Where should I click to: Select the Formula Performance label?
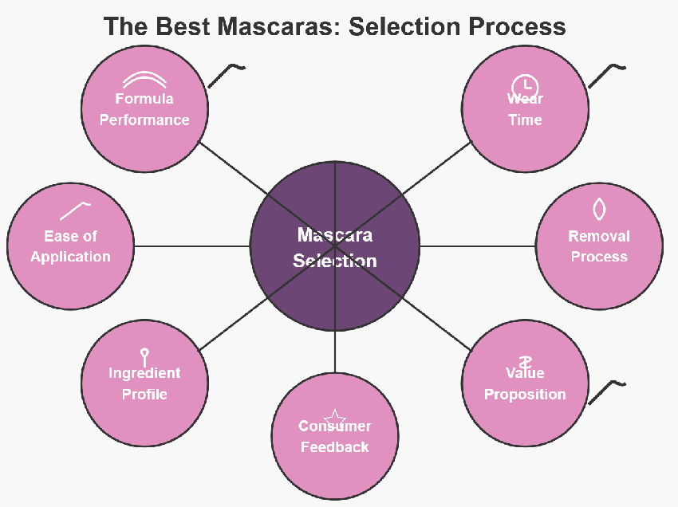[x=144, y=110]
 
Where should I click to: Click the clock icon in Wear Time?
[x=524, y=86]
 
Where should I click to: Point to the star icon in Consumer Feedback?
[x=334, y=418]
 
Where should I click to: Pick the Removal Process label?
[x=599, y=246]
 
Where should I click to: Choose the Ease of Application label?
[x=70, y=246]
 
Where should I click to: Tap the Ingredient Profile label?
[x=144, y=383]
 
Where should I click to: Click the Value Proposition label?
[x=525, y=383]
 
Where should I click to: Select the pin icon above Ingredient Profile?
[x=144, y=356]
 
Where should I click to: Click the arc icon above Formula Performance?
[x=144, y=79]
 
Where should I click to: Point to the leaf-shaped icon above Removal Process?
[x=599, y=209]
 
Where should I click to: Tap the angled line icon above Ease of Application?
[x=74, y=210]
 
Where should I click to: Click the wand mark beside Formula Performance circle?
[x=226, y=75]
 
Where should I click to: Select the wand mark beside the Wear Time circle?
[x=605, y=75]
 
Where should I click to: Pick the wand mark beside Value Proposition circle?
[x=605, y=391]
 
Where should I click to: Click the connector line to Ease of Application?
[x=191, y=246]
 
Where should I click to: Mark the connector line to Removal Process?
[x=477, y=246]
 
